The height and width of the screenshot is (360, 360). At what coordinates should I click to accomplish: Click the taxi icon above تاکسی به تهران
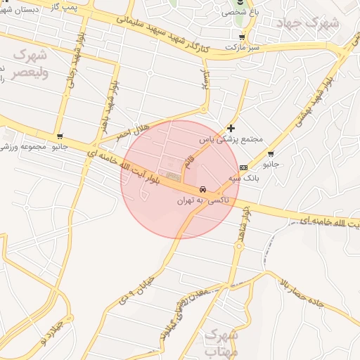click(202, 189)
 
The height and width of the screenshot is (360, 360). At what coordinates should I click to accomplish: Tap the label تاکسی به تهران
click(194, 200)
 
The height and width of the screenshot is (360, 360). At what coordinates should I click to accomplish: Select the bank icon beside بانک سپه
click(243, 167)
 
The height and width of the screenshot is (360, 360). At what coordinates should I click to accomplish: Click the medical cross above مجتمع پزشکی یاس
click(231, 128)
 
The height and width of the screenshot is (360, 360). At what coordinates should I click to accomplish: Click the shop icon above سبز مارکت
click(243, 37)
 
